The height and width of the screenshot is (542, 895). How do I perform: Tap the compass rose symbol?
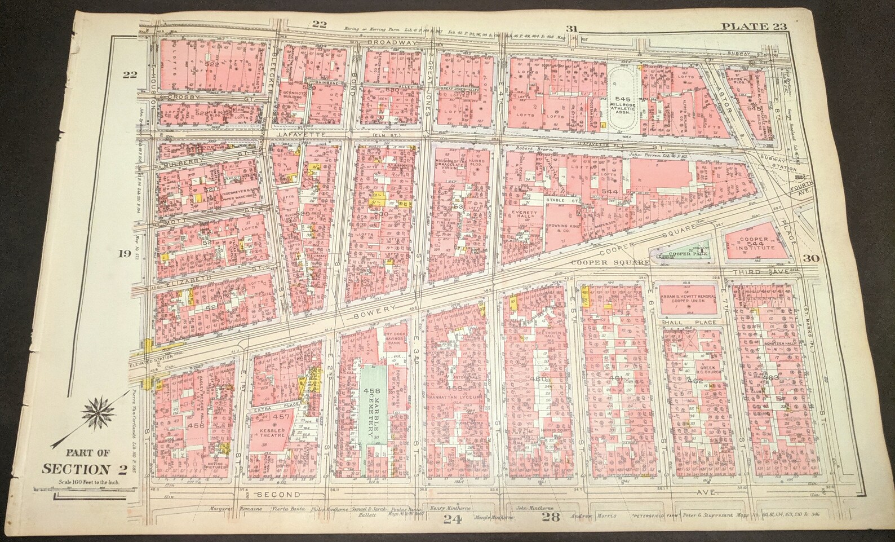point(99,415)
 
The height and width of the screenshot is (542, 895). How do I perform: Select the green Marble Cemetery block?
point(373,414)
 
